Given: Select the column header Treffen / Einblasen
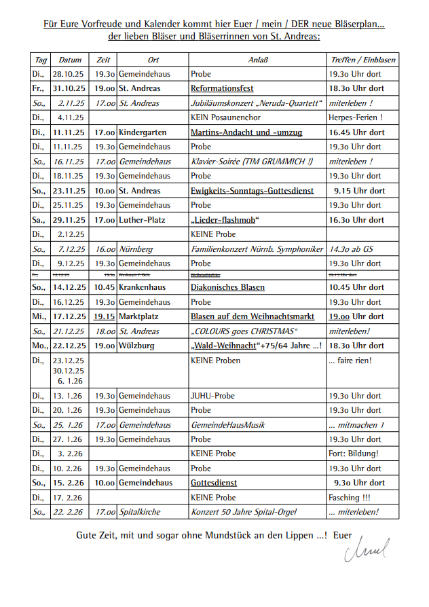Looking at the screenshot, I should [362, 60].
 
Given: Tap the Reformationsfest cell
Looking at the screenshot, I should [222, 88].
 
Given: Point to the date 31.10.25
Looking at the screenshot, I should [70, 88].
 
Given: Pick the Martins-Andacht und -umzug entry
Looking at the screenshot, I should [246, 132].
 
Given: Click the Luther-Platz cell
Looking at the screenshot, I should [142, 220].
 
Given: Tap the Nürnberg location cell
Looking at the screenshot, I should [136, 249].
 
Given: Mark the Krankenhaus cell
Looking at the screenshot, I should [142, 287].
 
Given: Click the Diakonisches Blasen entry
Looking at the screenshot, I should [227, 287].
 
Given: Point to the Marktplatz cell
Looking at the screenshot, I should [140, 316].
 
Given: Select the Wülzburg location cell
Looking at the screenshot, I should [136, 346].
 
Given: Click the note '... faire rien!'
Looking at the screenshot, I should [350, 361].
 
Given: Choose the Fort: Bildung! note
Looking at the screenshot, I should [354, 454].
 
